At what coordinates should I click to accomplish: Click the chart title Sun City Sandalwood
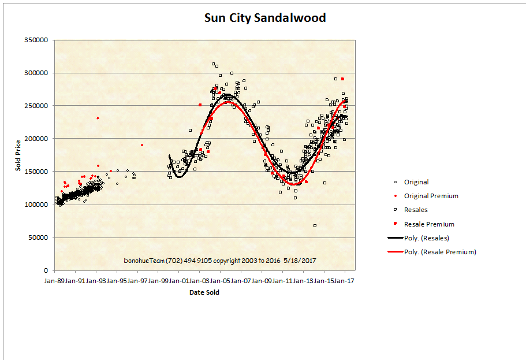[265, 18]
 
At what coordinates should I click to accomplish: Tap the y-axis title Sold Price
[18, 155]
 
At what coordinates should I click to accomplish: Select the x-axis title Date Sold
[204, 292]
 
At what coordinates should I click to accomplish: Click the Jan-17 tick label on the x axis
[345, 281]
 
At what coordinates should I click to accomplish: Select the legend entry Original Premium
[431, 196]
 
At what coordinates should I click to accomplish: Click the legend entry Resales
[416, 210]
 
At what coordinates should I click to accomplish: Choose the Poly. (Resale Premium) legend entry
[440, 252]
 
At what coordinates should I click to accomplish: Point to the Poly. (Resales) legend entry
[426, 238]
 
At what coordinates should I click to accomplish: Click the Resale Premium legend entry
[428, 224]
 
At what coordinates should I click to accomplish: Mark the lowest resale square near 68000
[315, 225]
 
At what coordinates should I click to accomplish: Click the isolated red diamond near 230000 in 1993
[98, 118]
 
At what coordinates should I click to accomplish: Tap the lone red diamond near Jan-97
[142, 145]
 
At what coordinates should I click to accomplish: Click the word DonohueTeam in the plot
[144, 261]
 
